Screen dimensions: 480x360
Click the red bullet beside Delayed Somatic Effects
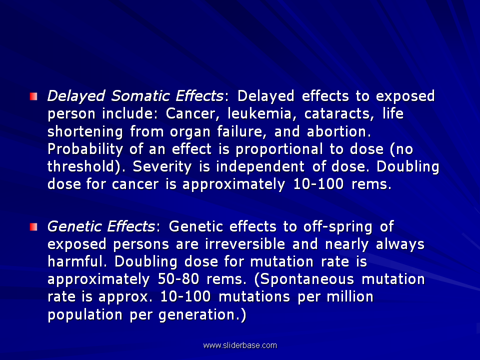(33, 96)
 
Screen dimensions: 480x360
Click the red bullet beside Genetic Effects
(33, 227)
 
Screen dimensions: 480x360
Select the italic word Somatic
(140, 96)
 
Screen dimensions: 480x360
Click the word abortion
(339, 131)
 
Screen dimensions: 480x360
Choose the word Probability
(85, 149)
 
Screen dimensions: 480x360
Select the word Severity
(162, 167)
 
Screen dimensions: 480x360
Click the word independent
(260, 167)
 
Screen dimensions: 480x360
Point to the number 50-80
(178, 279)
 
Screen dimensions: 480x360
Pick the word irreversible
(245, 244)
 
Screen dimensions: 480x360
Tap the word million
(350, 296)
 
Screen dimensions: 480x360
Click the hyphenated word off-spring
(337, 227)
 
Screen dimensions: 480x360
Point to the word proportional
(279, 149)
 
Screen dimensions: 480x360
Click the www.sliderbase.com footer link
(240, 345)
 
